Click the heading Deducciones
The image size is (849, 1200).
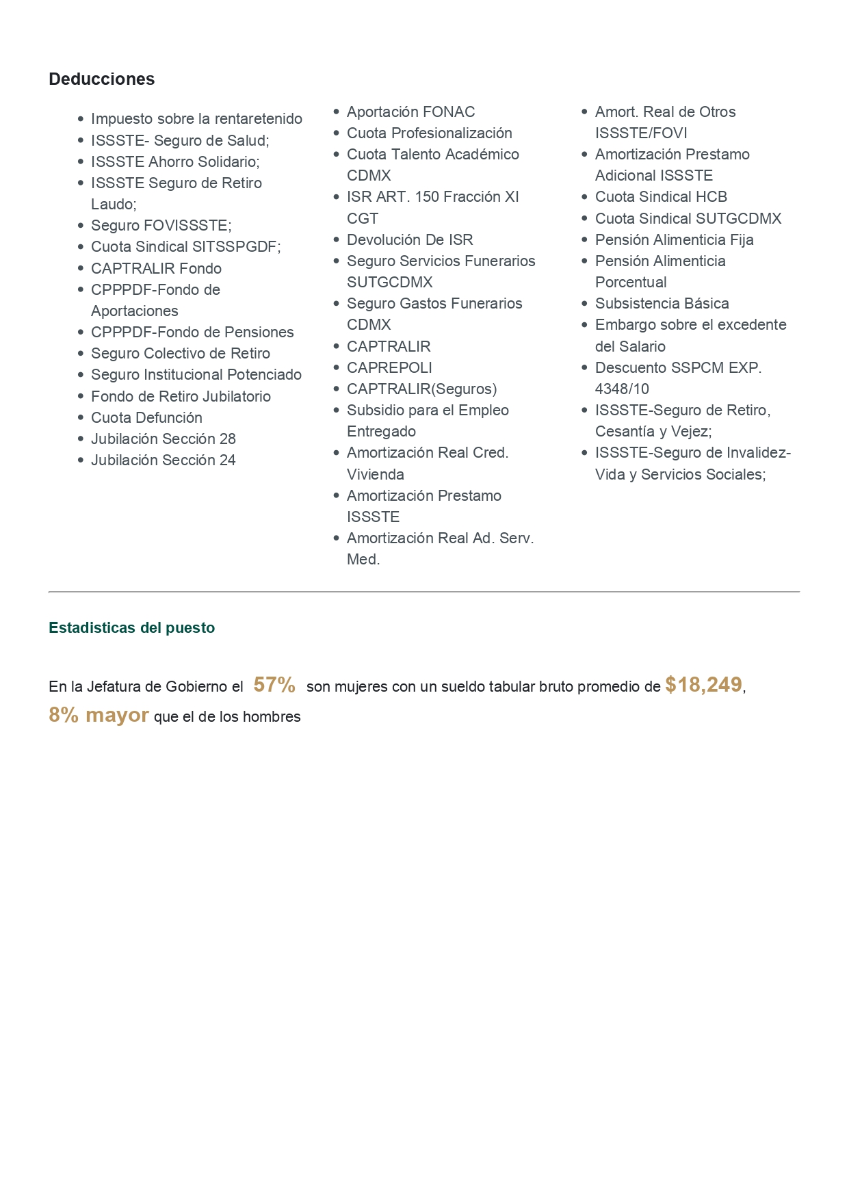tap(101, 79)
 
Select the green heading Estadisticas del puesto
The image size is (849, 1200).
tap(131, 628)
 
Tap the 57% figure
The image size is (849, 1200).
tap(274, 685)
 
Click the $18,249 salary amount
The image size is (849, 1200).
tap(703, 685)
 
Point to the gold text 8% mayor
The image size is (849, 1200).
tap(99, 715)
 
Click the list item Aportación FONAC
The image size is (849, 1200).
tap(410, 112)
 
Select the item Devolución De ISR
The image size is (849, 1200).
tap(410, 240)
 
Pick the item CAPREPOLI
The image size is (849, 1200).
tap(389, 368)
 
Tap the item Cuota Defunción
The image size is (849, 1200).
tap(146, 418)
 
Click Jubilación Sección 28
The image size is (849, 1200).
tap(163, 439)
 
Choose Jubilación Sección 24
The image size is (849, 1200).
tap(163, 460)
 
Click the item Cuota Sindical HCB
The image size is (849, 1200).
tap(661, 197)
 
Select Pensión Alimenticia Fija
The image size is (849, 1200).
tap(674, 240)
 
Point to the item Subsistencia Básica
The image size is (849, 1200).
tap(662, 304)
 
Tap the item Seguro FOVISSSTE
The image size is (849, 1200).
tap(161, 226)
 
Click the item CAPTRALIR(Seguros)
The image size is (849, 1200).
tap(421, 389)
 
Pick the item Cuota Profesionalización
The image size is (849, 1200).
tap(429, 133)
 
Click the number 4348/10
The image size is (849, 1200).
tap(622, 389)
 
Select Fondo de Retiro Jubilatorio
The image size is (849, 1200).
tap(181, 397)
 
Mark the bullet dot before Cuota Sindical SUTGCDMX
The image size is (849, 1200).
tap(584, 219)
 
